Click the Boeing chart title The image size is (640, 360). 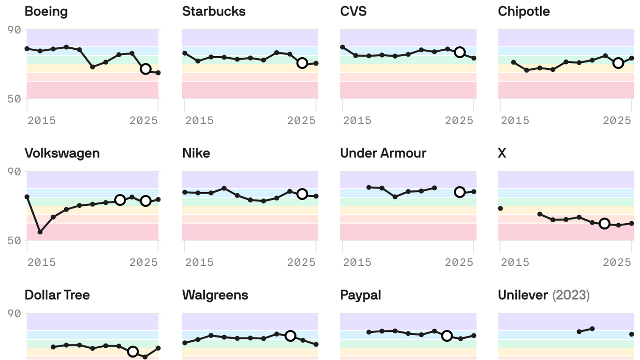click(46, 11)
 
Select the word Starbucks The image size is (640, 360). click(214, 11)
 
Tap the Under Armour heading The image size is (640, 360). click(383, 153)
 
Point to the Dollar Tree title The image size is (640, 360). click(57, 295)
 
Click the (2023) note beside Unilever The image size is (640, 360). click(571, 295)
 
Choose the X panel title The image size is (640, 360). click(502, 153)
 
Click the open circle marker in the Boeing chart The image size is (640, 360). click(146, 69)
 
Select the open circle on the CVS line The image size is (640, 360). click(460, 52)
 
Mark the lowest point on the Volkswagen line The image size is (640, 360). click(40, 232)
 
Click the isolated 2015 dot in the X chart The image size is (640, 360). click(500, 208)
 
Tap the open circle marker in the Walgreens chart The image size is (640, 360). click(290, 336)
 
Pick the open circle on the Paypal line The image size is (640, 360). click(447, 336)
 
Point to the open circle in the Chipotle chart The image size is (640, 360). click(618, 63)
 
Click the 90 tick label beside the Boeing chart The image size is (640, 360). click(15, 30)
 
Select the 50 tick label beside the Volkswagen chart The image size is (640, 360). click(15, 240)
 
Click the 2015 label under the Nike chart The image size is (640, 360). click(200, 262)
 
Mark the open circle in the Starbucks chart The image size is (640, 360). click(302, 63)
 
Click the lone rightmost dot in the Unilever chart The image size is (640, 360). click(632, 334)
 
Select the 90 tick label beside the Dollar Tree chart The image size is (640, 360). click(15, 313)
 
